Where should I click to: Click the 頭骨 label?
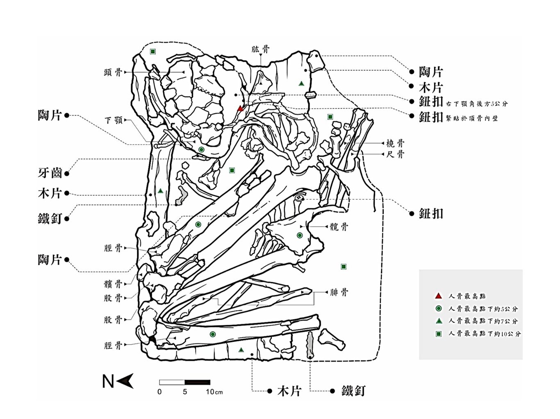point(113,72)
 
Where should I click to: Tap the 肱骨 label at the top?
point(260,49)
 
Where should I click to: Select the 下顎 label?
point(114,120)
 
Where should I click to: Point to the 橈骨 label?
point(395,143)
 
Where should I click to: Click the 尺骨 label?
point(395,154)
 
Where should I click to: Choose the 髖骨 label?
point(339,226)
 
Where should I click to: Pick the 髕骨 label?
point(113,284)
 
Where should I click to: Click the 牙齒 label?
point(50,173)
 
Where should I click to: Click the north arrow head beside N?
point(125,381)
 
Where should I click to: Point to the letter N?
point(108,381)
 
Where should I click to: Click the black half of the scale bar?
point(197,382)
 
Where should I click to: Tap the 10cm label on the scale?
point(214,392)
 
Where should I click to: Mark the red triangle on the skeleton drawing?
point(240,109)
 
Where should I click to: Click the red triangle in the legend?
point(438,296)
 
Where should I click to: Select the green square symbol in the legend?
point(438,334)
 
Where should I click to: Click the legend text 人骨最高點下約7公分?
point(483,321)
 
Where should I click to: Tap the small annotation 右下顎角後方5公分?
point(477,104)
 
